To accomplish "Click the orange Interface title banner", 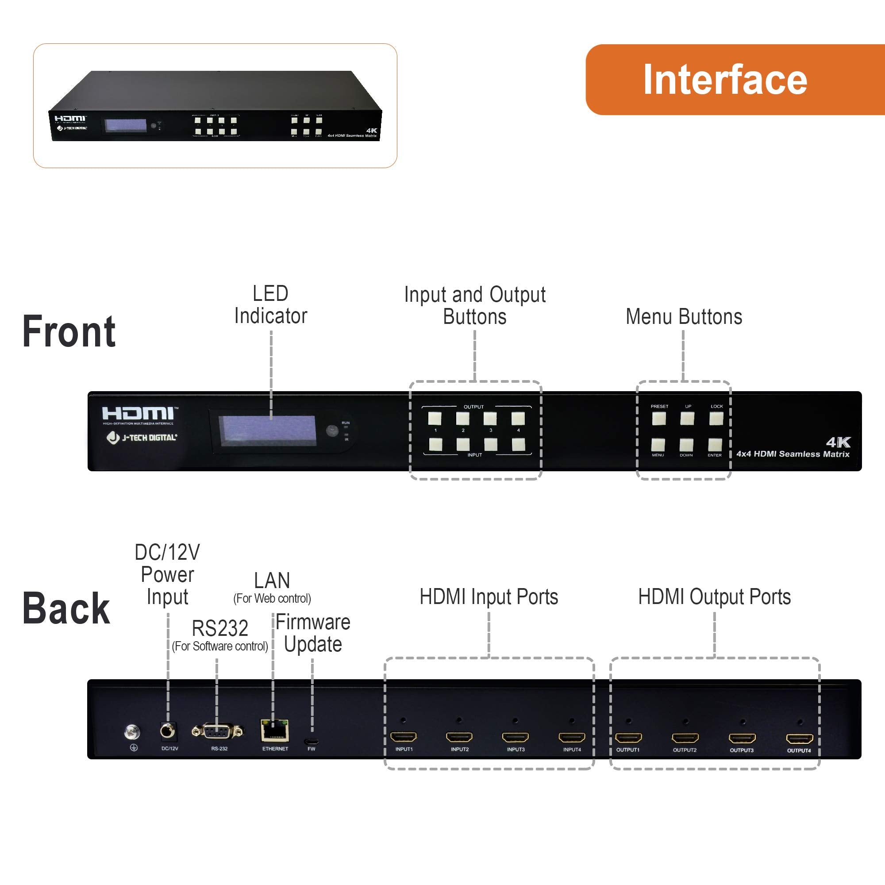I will coord(733,79).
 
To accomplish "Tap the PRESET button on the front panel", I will coord(659,418).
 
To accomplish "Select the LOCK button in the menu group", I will coord(716,418).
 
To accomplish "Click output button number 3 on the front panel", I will coord(490,418).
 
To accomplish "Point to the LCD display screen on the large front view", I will coord(267,430).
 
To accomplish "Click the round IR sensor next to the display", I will coord(332,430).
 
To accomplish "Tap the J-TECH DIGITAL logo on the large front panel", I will coord(142,438).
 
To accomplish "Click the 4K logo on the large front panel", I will coord(838,442).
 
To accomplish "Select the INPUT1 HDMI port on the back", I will coord(403,737).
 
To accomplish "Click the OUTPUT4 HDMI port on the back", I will coord(799,739).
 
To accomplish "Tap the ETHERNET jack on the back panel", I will coord(274,731).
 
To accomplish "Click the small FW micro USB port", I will coord(312,741).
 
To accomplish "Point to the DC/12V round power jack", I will coord(168,731).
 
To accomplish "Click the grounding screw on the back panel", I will coord(132,732).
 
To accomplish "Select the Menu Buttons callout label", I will coord(684,316).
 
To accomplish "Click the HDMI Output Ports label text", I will coord(714,596).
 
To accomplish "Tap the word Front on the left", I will coord(69,331).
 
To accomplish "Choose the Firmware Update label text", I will coord(313,633).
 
